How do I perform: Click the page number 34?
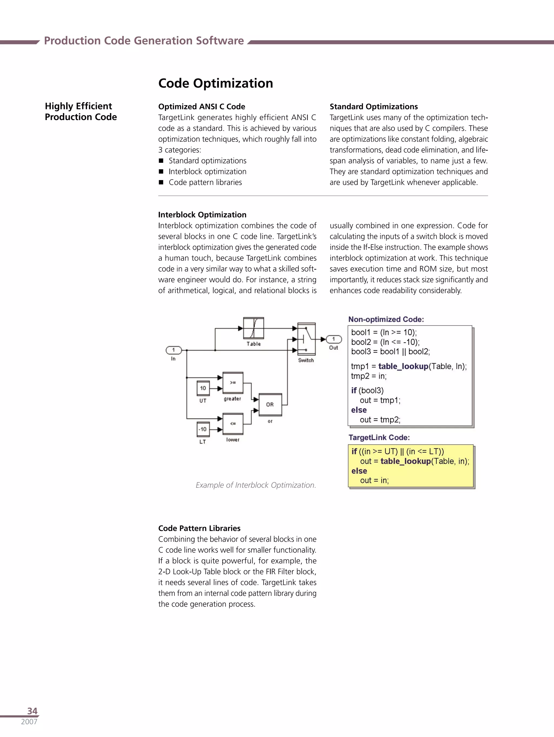(x=32, y=711)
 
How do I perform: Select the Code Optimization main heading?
(x=215, y=83)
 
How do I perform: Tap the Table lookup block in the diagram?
(x=253, y=328)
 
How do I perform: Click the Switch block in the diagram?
(x=306, y=339)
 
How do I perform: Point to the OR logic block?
(x=270, y=405)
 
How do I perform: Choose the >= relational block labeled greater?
(x=233, y=382)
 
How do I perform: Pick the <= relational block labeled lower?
(x=233, y=424)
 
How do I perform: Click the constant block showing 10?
(x=203, y=388)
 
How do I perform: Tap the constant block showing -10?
(x=203, y=429)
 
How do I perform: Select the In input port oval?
(x=174, y=350)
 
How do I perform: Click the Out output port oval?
(x=334, y=339)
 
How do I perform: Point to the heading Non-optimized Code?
(x=386, y=319)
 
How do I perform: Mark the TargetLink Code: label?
(x=379, y=438)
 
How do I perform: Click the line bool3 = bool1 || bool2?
(x=390, y=352)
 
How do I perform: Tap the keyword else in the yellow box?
(x=359, y=471)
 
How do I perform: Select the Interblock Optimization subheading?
(x=202, y=214)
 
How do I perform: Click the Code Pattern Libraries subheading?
(x=199, y=528)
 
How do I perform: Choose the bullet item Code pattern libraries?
(x=205, y=182)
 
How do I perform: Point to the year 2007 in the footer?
(x=29, y=722)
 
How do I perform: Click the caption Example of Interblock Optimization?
(x=256, y=485)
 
